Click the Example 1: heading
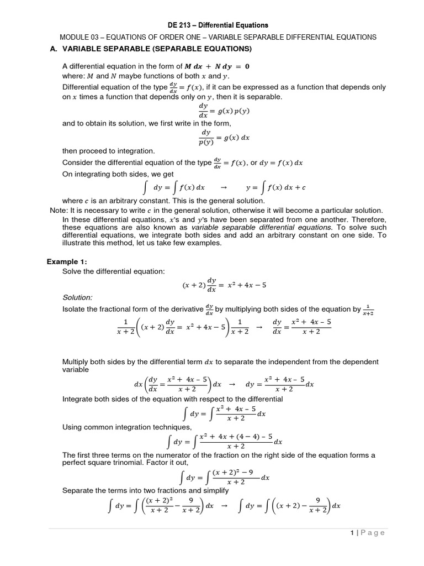[67, 262]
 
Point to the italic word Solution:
[77, 297]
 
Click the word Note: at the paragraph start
[59, 211]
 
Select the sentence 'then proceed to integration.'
[109, 151]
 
